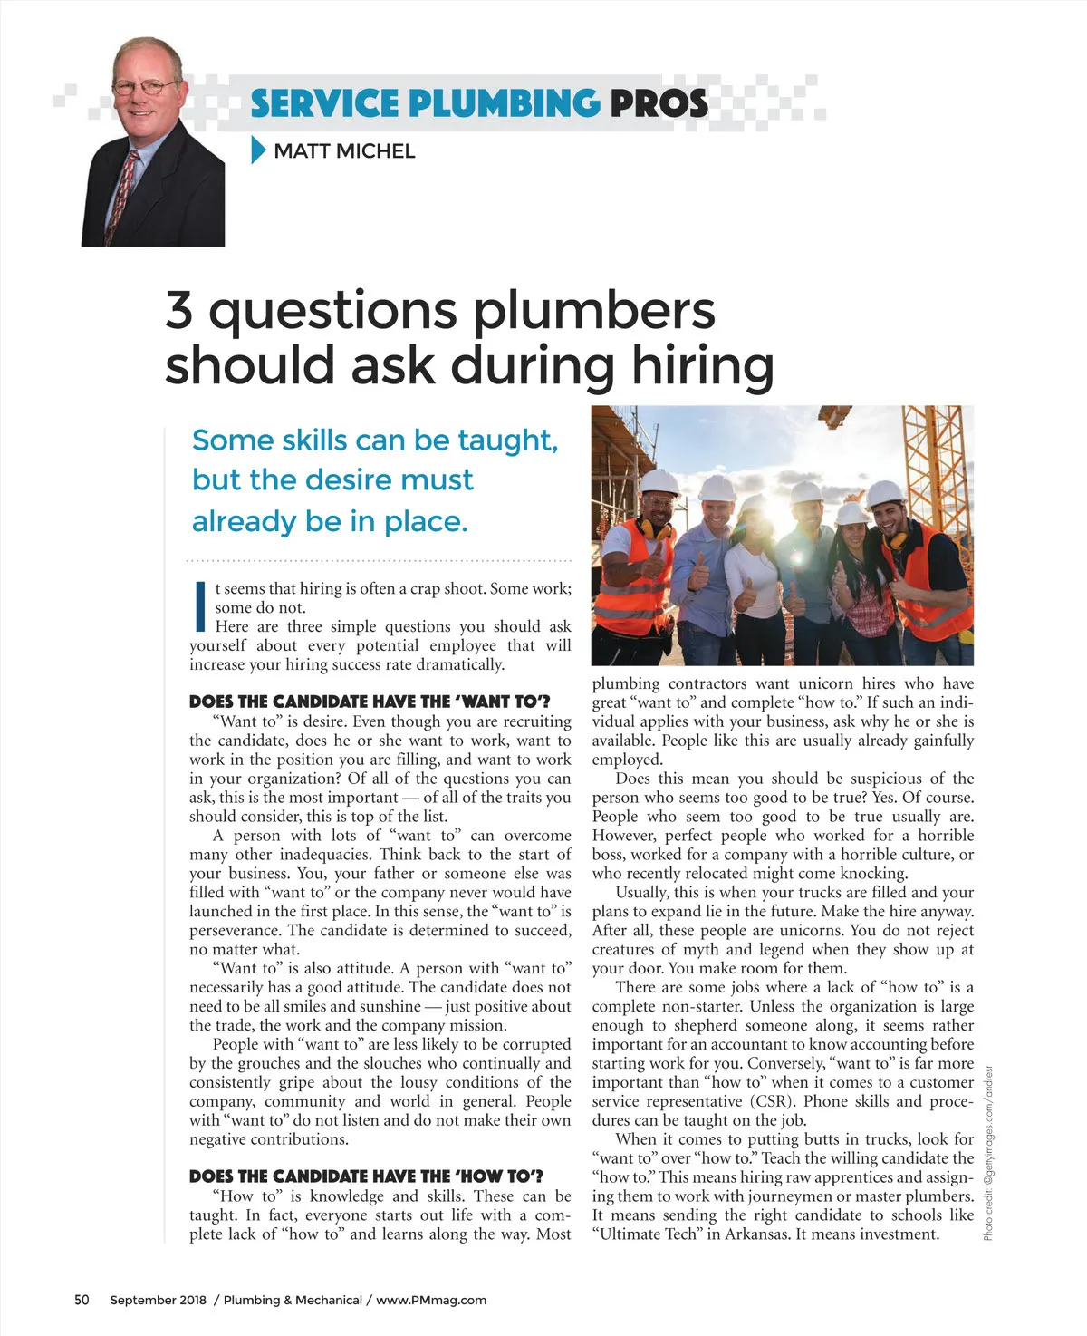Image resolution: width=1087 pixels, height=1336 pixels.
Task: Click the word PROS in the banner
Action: [659, 103]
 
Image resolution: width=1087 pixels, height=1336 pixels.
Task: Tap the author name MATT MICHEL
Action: [344, 151]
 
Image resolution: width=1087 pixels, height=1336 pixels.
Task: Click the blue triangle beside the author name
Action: [258, 150]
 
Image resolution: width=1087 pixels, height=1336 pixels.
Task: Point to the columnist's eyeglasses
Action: [145, 88]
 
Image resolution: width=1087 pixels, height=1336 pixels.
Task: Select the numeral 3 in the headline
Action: [179, 310]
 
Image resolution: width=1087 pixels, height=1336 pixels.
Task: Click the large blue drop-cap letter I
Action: [200, 606]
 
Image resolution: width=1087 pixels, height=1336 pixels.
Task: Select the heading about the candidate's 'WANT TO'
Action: [370, 702]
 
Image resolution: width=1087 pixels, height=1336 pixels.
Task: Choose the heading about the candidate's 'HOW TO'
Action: [366, 1176]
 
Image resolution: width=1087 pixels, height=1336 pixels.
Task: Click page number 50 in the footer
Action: [82, 1300]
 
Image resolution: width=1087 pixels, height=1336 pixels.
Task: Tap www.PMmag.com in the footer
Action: [431, 1300]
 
